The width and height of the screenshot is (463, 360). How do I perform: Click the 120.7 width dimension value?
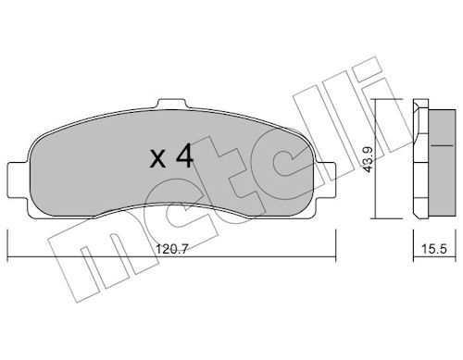point(171,249)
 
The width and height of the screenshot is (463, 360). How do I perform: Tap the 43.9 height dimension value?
point(369,159)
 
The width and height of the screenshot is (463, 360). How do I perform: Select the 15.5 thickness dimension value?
point(434,249)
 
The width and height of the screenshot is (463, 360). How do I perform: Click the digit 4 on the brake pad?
point(184,156)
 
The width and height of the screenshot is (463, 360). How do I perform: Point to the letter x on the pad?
point(157,160)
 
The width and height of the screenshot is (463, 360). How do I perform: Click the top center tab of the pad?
point(172,104)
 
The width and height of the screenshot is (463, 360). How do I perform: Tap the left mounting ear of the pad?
point(18,180)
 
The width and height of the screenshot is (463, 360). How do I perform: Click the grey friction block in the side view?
point(442,163)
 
